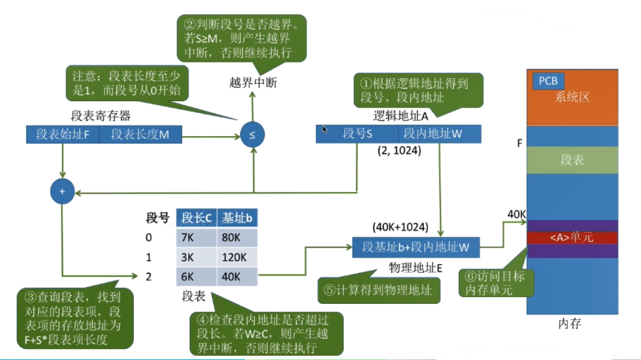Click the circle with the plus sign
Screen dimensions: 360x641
pos(63,192)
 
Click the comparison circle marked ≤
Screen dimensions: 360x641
pos(252,135)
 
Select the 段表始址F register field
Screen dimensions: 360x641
pos(63,135)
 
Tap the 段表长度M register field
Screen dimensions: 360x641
pos(140,135)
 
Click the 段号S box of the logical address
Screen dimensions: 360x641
pos(358,134)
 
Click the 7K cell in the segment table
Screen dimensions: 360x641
pos(196,238)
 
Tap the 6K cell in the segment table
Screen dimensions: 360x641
pos(196,276)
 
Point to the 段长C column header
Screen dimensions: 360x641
pos(196,218)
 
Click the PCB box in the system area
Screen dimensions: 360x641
pos(548,81)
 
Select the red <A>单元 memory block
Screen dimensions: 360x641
pos(571,238)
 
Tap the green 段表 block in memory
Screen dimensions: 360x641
pos(571,160)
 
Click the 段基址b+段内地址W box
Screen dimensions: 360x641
pos(415,247)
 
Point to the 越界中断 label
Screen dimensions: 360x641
pos(253,83)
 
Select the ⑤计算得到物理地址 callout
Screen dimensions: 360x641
pos(378,289)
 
